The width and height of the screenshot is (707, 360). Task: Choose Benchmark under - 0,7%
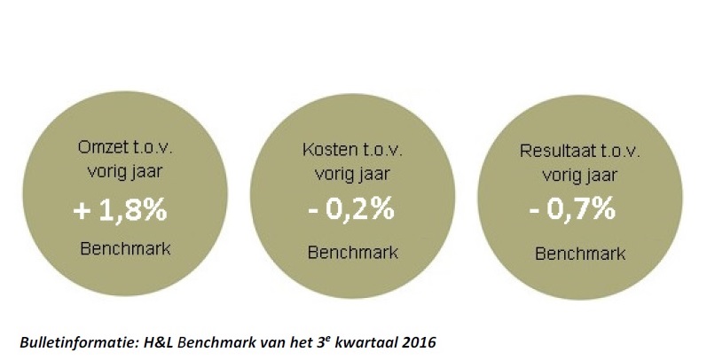(x=580, y=252)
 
